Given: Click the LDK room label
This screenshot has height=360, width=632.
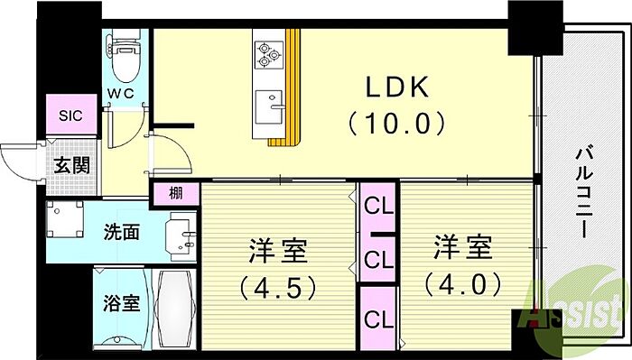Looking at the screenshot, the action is point(396,87).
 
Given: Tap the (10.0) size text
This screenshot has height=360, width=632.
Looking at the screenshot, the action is point(396,123).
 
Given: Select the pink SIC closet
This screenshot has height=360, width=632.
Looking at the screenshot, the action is point(71,115).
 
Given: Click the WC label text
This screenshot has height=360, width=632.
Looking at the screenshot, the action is point(120,94).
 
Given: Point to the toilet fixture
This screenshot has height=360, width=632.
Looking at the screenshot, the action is point(124,56).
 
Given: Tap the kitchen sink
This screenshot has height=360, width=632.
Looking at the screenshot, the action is point(270,106).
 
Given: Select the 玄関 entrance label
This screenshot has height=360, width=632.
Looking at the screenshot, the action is point(71,165).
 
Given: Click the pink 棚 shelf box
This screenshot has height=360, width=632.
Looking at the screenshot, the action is point(175,194).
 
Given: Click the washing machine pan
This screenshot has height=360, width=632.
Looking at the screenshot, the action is point(64,219).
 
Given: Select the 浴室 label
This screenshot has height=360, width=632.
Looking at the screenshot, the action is point(121,303).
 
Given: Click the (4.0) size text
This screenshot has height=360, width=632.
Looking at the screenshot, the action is point(463,284).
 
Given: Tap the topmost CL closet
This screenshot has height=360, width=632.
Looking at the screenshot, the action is point(378,207).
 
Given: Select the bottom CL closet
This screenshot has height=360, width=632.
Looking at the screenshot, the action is point(378,318).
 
